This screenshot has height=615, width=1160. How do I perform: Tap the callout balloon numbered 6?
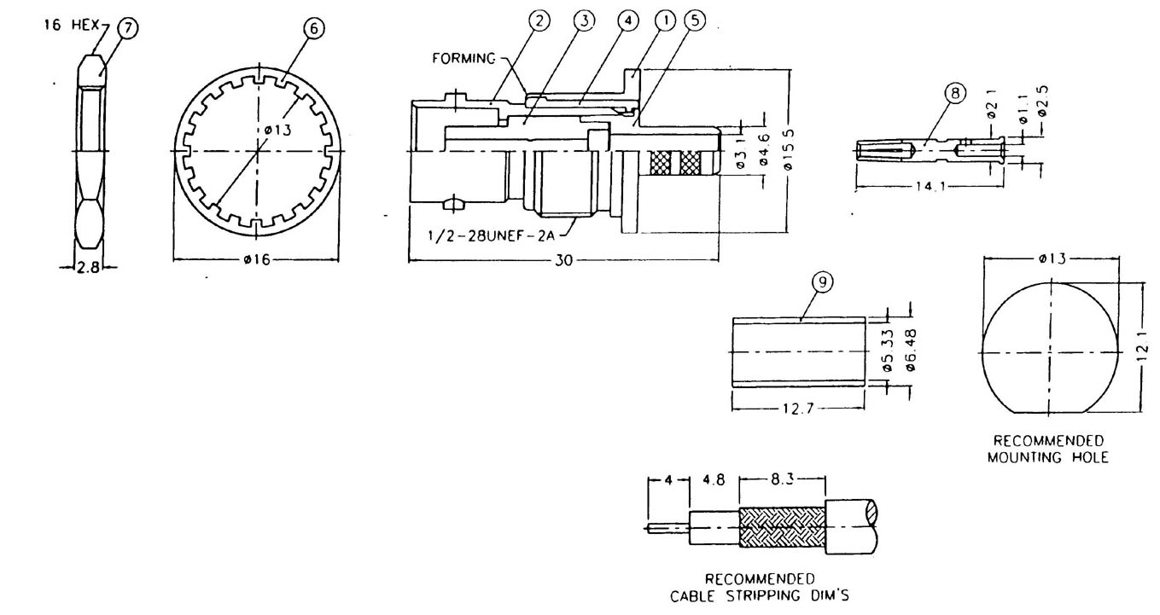[313, 28]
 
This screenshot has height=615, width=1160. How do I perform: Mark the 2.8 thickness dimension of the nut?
[87, 268]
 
